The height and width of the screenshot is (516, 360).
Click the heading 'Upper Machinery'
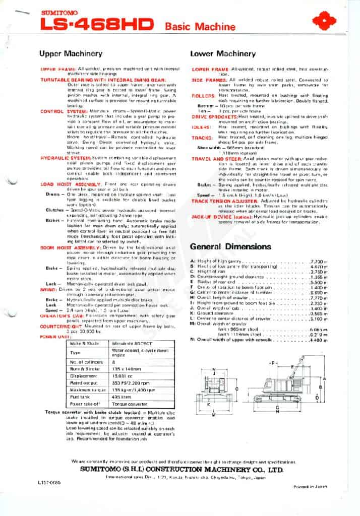click(71, 53)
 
